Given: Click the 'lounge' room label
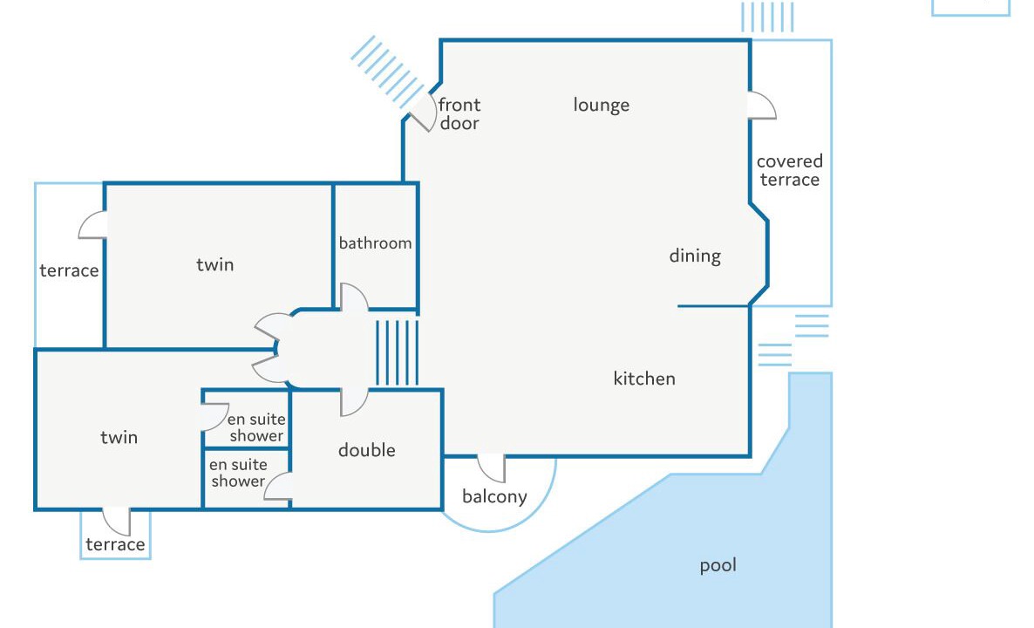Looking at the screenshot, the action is click(601, 106).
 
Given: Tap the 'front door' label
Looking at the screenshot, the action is click(459, 114).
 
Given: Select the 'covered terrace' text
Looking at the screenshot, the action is click(789, 170).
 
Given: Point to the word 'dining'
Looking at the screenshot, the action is click(695, 256).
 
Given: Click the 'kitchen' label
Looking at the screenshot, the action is click(644, 379).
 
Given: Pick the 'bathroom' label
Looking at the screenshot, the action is click(375, 243).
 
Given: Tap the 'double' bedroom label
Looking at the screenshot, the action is click(367, 451).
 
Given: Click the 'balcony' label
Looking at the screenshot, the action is click(494, 496).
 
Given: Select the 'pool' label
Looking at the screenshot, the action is click(718, 566).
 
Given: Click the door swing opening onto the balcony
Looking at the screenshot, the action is click(492, 468).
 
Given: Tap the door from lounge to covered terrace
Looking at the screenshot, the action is click(762, 106).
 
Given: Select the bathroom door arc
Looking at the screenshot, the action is click(354, 297).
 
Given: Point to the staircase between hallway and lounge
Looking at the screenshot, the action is click(397, 353).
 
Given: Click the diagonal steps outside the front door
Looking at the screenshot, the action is click(386, 72).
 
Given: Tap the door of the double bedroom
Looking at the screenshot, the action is click(354, 403).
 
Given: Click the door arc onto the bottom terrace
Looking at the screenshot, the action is click(117, 522).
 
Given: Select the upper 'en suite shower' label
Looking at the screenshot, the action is click(256, 427).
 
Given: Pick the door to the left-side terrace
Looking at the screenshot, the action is click(92, 225).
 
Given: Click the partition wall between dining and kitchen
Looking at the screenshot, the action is click(713, 306).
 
